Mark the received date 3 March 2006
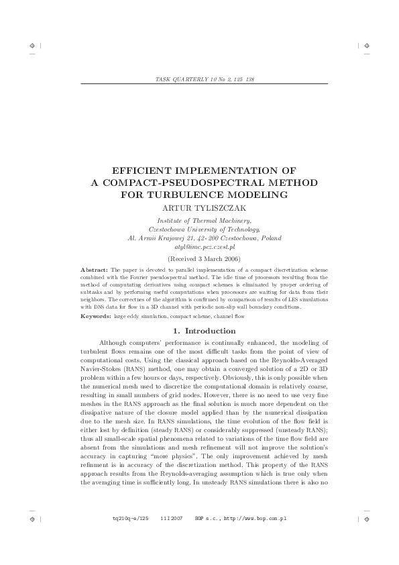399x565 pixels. click(x=209, y=258)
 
